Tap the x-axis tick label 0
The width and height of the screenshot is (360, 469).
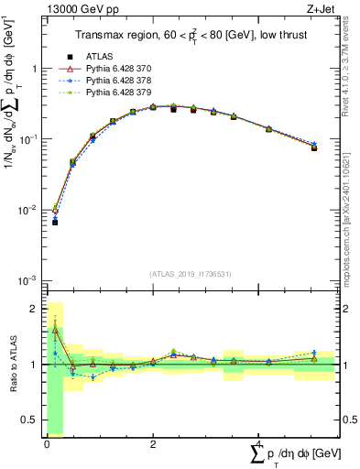point(47,445)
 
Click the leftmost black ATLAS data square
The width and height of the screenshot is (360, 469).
point(55,222)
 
